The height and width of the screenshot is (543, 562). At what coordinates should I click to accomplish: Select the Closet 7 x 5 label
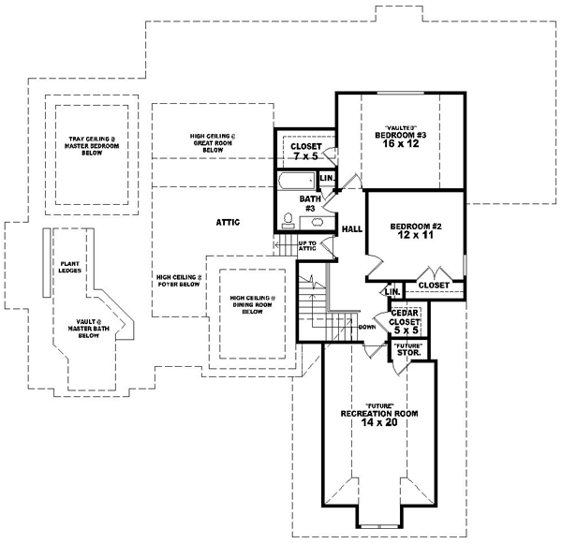coord(306,152)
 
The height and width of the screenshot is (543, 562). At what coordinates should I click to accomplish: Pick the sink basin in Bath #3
coord(317,222)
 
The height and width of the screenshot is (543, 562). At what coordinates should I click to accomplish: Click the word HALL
coord(352,228)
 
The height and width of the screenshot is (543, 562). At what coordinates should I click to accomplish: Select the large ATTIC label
coord(229,222)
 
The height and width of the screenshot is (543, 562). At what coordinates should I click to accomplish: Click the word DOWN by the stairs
coord(366,328)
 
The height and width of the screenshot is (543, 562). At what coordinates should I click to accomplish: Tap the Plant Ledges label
coord(69,269)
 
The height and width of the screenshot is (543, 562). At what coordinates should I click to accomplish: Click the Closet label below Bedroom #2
coord(433,285)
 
